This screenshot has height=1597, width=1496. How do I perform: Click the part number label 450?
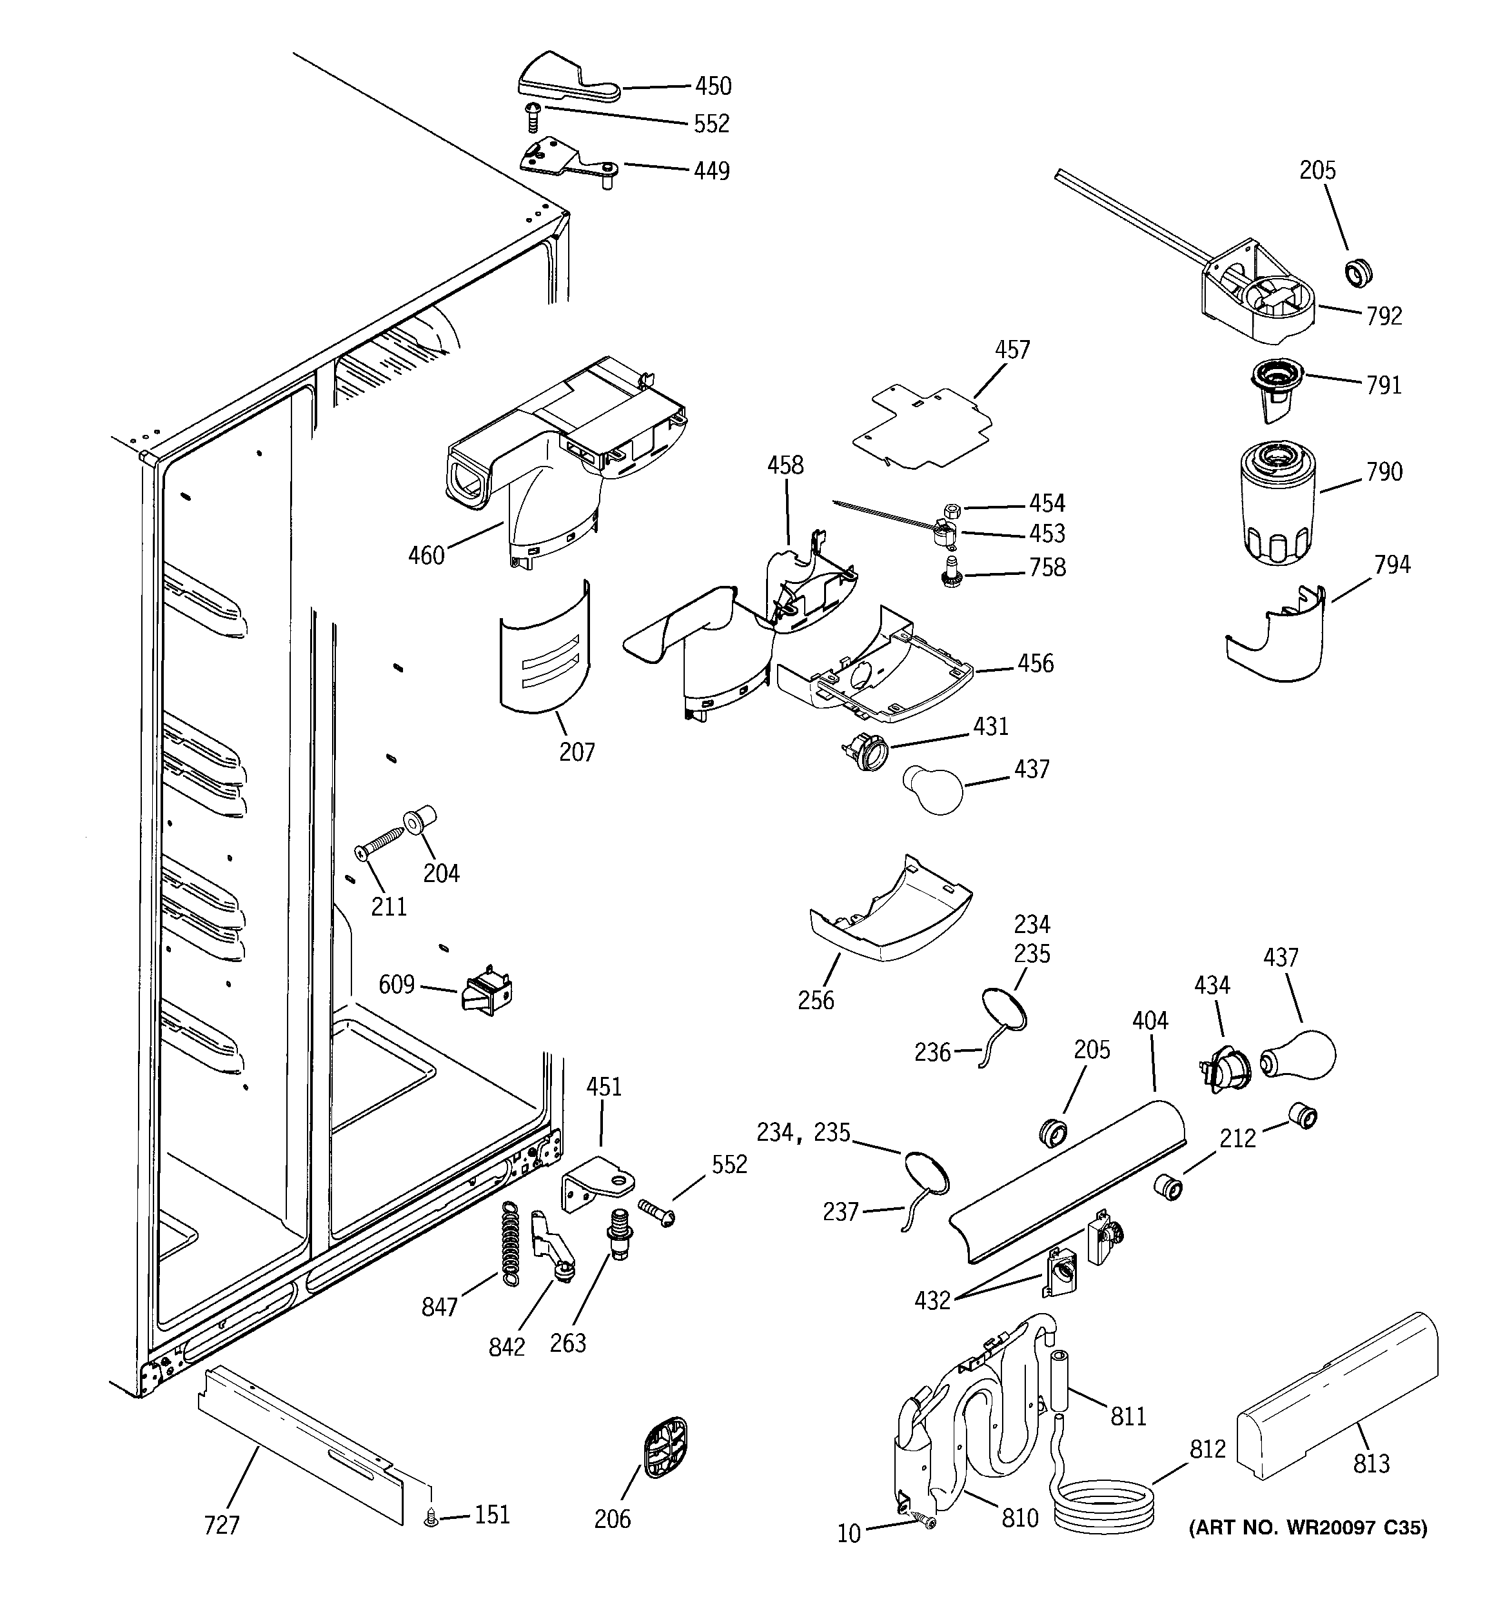pos(713,86)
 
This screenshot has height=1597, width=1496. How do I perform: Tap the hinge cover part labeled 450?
pos(566,79)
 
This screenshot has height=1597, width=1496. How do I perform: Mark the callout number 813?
pos(1371,1463)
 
